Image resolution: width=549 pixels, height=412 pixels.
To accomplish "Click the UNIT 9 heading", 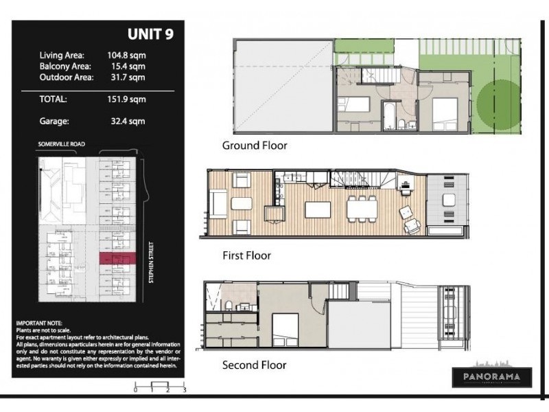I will pyautogui.click(x=150, y=34).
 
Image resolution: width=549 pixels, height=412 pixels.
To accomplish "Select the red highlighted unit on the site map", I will pyautogui.click(x=118, y=258).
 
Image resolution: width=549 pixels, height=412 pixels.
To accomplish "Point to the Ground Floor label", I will pyautogui.click(x=254, y=146).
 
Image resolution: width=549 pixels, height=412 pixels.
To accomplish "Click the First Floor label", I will pyautogui.click(x=246, y=255).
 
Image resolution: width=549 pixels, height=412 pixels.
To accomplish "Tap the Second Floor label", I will pyautogui.click(x=254, y=365).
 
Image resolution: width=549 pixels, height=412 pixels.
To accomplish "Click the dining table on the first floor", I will pyautogui.click(x=362, y=207).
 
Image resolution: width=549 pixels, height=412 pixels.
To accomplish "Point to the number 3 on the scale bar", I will pyautogui.click(x=185, y=389).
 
